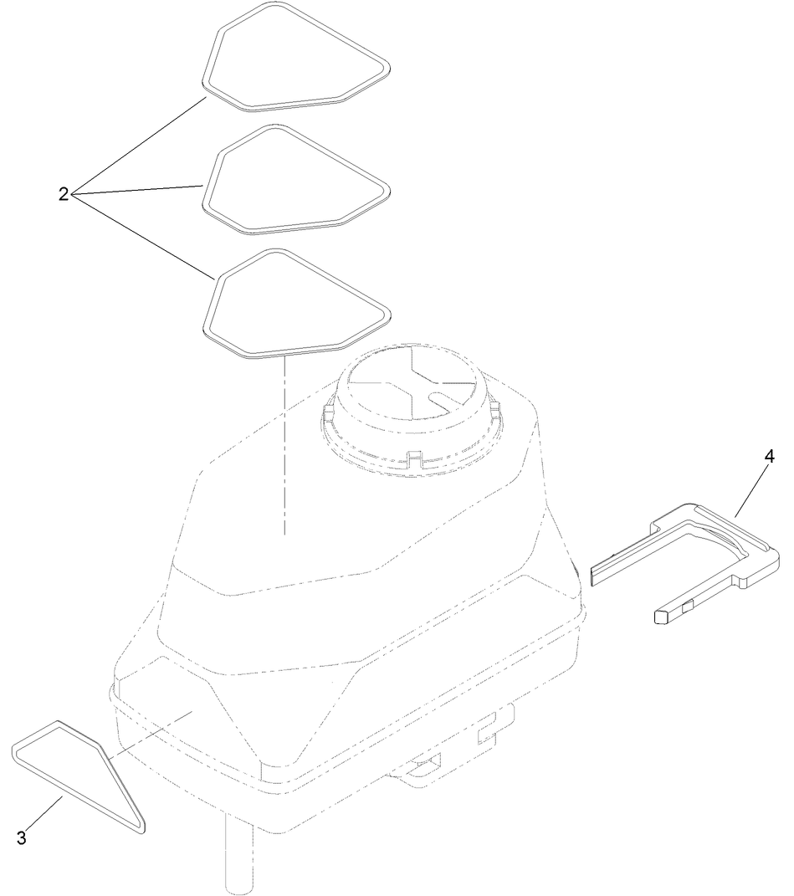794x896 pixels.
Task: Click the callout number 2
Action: [x=64, y=194]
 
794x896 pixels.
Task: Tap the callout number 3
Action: [x=22, y=837]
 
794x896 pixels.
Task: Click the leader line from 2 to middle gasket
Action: [x=138, y=190]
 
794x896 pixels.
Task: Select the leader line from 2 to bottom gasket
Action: [x=142, y=237]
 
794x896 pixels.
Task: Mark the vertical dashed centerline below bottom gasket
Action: [x=284, y=443]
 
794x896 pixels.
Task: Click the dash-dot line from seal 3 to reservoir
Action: [x=151, y=731]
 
